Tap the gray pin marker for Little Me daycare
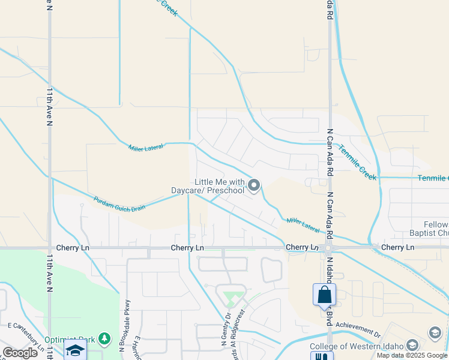click(x=254, y=186)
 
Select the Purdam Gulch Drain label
click(x=119, y=203)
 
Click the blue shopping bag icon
click(x=324, y=295)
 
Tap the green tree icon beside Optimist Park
click(x=105, y=339)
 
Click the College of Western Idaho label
click(x=357, y=346)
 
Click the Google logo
click(x=20, y=353)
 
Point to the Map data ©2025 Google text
click(x=412, y=355)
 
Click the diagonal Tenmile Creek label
click(x=357, y=162)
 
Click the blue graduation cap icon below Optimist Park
click(x=76, y=350)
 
